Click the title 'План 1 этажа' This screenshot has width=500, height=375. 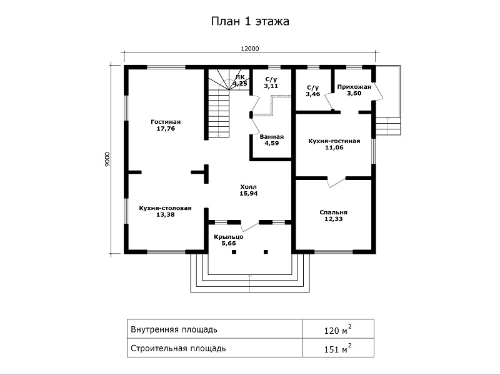(250, 21)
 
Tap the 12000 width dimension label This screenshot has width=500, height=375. (249, 49)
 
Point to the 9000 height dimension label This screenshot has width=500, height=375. (107, 159)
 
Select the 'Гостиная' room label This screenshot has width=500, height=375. (166, 122)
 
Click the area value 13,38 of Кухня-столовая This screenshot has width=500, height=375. (166, 215)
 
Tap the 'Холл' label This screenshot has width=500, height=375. (248, 187)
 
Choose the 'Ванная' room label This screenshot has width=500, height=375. (271, 137)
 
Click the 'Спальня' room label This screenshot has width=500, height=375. (334, 212)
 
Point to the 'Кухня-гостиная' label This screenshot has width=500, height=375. (334, 141)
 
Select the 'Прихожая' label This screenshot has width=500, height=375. (354, 87)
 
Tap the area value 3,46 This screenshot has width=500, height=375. (312, 94)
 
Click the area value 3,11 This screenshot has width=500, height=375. (271, 86)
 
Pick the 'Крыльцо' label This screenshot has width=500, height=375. (229, 237)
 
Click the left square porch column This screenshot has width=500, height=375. (234, 252)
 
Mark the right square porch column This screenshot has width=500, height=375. (266, 252)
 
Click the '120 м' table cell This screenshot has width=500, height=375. (338, 329)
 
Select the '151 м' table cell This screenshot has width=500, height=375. (338, 348)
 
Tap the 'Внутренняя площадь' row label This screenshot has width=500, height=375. (174, 329)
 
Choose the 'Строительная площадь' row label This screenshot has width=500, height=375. (178, 348)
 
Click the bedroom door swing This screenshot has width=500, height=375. (336, 182)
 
